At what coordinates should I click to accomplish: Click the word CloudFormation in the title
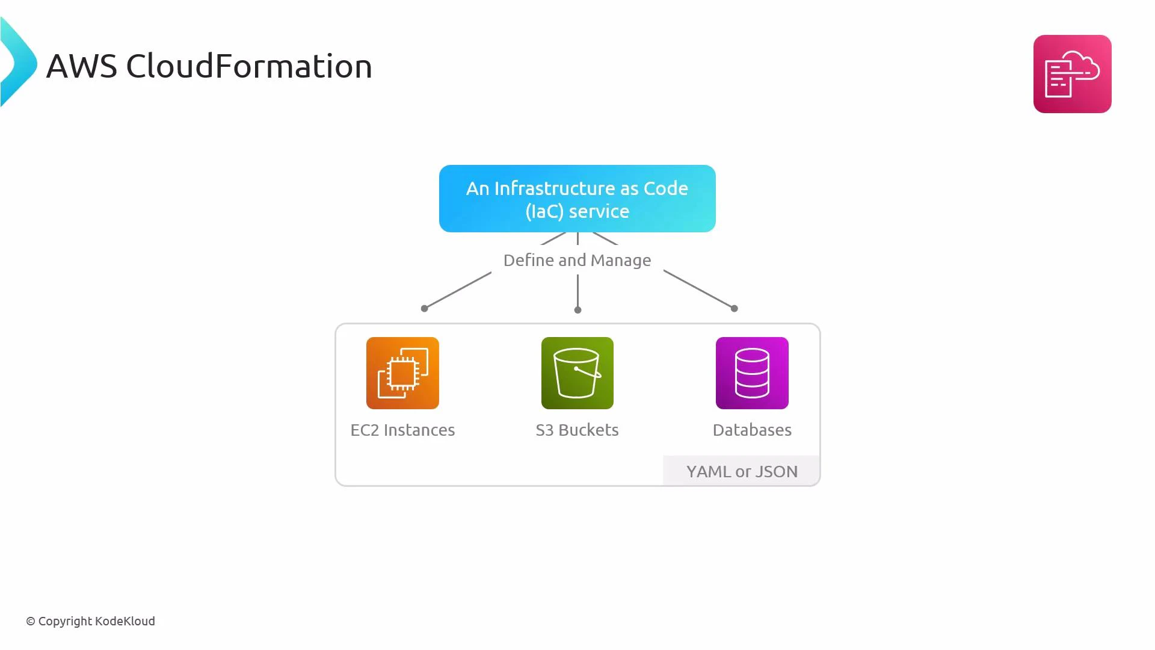click(249, 66)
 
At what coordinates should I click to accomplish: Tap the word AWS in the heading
click(81, 66)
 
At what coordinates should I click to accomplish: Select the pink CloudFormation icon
click(1072, 74)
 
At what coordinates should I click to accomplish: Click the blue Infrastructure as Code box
click(577, 199)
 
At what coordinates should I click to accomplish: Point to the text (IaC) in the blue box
click(544, 212)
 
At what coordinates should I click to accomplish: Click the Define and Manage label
click(577, 260)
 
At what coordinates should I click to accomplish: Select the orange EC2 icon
click(402, 373)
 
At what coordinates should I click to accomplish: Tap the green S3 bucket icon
click(577, 373)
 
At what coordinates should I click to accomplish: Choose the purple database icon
click(752, 373)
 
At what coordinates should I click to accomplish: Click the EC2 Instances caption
click(402, 430)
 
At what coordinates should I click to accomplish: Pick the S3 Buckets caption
click(577, 430)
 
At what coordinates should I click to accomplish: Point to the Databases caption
click(752, 430)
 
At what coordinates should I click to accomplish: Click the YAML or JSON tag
click(742, 471)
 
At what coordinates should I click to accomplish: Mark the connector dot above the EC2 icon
click(424, 308)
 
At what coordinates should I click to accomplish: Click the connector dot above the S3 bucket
click(577, 310)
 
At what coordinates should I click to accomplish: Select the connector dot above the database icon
click(734, 308)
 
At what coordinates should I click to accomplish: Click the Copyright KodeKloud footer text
click(90, 621)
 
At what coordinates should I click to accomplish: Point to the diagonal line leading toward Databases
click(698, 289)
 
